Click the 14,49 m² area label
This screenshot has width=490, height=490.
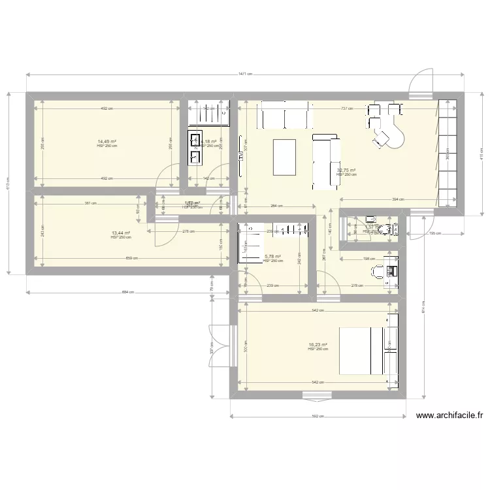[x=106, y=141]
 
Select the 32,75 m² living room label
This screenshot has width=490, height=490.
[x=346, y=170]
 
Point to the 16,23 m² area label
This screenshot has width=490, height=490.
[x=318, y=344]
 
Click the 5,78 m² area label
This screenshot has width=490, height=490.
[x=272, y=257]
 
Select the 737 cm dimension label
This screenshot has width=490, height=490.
[x=346, y=109]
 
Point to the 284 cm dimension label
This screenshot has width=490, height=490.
[x=276, y=206]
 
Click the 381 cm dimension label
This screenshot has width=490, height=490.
[x=90, y=203]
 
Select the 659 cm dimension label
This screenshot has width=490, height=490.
[x=131, y=258]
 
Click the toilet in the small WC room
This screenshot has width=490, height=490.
[x=390, y=228]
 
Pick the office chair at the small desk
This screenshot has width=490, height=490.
[x=378, y=270]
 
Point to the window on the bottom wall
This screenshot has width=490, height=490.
[x=316, y=394]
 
